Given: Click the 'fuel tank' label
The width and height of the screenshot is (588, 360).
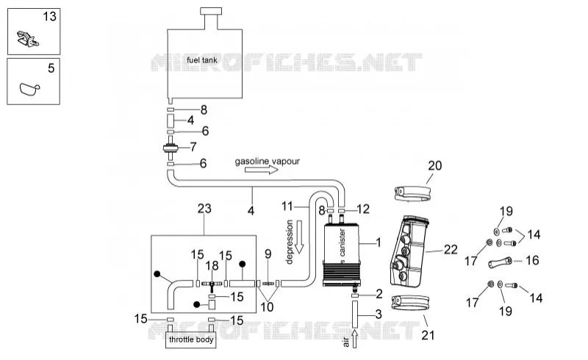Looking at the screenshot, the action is point(201,60).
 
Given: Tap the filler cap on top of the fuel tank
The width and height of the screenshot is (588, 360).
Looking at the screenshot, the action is point(211,11).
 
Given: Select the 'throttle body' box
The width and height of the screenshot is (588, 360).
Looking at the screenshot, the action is point(191,339).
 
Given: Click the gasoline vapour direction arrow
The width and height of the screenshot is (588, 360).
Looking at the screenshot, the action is point(262,170).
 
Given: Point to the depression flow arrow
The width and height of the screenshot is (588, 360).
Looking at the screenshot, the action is point(299,237).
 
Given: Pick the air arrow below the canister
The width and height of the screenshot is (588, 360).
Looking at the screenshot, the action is point(354,339).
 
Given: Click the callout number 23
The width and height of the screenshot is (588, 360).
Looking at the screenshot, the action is point(204,209).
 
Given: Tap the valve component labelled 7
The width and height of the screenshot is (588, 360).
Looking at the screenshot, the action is point(171,148).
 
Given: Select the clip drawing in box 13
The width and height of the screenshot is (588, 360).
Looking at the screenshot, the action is point(28,39).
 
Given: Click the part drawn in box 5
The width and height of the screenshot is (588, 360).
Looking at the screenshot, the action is point(29,90).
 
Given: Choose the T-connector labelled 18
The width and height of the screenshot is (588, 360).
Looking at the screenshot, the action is point(212,285).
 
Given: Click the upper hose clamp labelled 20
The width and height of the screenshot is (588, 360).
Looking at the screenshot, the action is point(412,193).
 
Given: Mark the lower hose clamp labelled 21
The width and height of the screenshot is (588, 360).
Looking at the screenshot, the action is point(410,303).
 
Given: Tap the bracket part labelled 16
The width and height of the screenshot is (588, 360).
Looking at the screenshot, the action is point(500,262).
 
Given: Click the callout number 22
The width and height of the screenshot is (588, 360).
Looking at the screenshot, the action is point(451,250).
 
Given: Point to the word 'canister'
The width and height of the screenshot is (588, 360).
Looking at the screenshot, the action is point(342,242).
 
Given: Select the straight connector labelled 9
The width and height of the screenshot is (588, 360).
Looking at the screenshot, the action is point(268,284).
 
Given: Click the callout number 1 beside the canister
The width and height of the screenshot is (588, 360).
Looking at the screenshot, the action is point(379,242).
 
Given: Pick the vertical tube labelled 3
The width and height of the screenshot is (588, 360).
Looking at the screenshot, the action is point(355,313).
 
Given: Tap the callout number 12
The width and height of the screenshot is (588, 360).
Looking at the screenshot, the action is point(363,209).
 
